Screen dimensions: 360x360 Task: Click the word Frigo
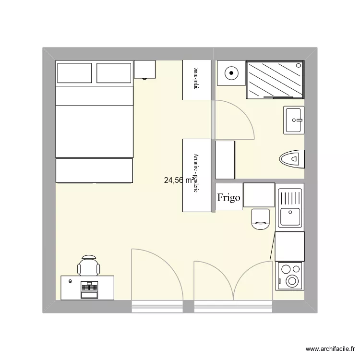click(229, 197)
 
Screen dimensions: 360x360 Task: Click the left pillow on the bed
click(74, 73)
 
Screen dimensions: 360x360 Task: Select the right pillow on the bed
click(114, 73)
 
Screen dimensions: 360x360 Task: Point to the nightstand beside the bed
click(144, 69)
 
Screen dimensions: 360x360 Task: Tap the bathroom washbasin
click(293, 120)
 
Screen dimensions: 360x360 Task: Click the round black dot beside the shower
click(232, 73)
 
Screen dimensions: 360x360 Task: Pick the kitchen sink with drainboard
click(289, 207)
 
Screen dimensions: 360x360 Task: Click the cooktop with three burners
click(289, 276)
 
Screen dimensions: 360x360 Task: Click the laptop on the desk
click(89, 288)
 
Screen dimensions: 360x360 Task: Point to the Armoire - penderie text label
click(196, 173)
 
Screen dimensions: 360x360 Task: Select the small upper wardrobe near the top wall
click(197, 80)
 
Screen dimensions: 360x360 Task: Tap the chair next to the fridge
click(261, 217)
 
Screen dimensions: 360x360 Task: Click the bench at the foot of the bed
click(94, 170)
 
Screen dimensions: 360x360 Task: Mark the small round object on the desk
click(71, 281)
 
